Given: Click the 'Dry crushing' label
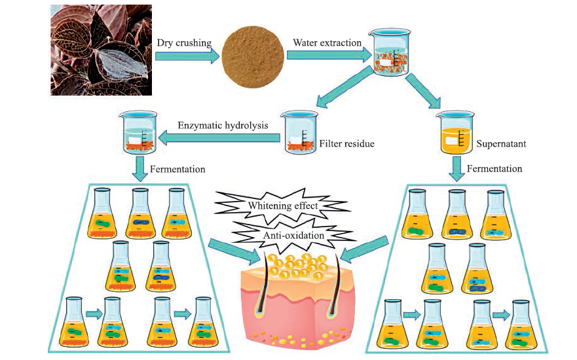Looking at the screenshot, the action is (184, 43).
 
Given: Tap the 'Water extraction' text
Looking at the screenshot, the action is (327, 43).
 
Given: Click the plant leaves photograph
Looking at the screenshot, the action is (102, 50).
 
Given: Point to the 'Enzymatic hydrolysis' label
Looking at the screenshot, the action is (223, 126).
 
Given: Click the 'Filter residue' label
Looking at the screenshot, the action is (346, 143).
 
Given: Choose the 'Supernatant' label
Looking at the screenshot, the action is (501, 143).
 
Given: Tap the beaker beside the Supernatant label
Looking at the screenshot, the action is (455, 132).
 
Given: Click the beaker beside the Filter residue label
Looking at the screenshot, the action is (299, 132).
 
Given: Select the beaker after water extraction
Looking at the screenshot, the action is (392, 52).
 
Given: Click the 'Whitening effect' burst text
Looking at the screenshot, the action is (283, 205).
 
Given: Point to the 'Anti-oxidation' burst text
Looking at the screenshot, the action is (293, 235).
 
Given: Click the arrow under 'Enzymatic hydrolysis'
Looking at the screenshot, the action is (219, 138).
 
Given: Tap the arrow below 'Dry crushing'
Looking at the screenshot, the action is (187, 56).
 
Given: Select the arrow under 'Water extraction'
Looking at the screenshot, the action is (329, 55).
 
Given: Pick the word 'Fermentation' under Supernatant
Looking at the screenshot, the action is (494, 169).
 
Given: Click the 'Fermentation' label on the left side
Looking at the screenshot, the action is (177, 169).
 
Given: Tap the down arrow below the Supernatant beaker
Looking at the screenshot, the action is (457, 168).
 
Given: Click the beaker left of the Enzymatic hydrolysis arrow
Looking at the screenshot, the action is (138, 132).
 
